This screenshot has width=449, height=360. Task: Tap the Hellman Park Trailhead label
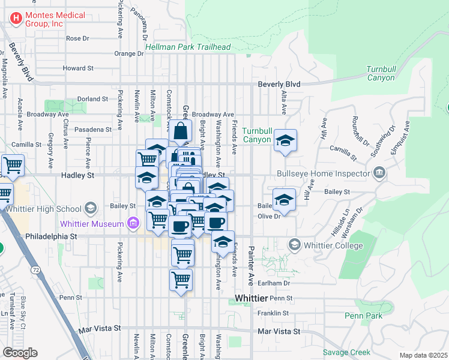click(x=188, y=47)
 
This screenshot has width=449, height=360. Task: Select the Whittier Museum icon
click(x=133, y=224)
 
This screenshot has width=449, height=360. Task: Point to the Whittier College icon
click(x=294, y=245)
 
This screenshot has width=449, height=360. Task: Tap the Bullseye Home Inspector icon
click(x=379, y=174)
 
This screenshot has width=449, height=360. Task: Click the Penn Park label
click(x=364, y=316)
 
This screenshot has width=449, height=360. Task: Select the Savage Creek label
click(x=346, y=352)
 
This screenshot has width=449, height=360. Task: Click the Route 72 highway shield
click(x=37, y=271)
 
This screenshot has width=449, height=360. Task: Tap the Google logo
click(x=20, y=353)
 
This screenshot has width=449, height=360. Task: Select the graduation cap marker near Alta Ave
click(x=285, y=142)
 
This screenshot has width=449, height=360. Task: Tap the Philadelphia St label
click(x=52, y=237)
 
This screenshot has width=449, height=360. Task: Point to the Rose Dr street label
click(x=77, y=38)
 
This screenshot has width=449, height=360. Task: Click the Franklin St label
click(x=274, y=313)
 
